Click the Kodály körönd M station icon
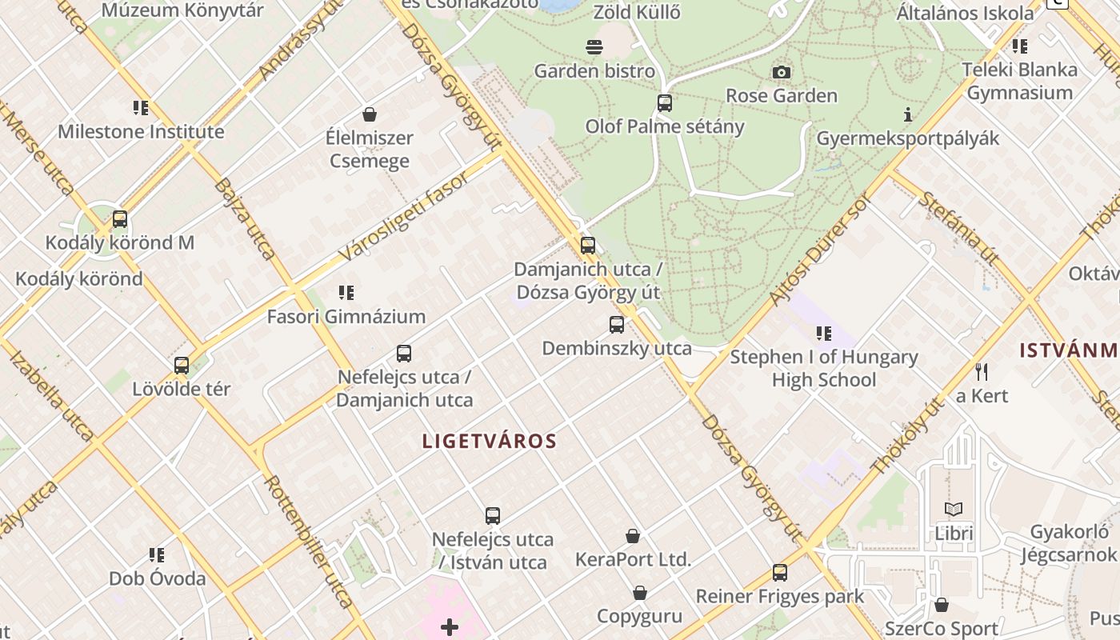pyautogui.click(x=120, y=218)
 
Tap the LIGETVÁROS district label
pyautogui.click(x=489, y=441)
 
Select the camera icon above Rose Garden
pyautogui.click(x=782, y=73)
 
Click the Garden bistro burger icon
pyautogui.click(x=594, y=47)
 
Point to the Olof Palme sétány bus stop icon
pyautogui.click(x=665, y=103)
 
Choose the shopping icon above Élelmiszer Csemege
pyautogui.click(x=370, y=114)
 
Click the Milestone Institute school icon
pyautogui.click(x=141, y=108)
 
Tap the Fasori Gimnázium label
pyautogui.click(x=346, y=317)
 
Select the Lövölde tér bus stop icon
pyautogui.click(x=182, y=366)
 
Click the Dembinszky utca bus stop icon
pyautogui.click(x=617, y=325)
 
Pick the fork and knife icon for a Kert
pyautogui.click(x=982, y=372)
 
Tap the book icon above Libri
pyautogui.click(x=954, y=509)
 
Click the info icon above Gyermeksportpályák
pyautogui.click(x=907, y=115)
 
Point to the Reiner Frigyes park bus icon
pyautogui.click(x=780, y=573)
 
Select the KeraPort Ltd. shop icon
pyautogui.click(x=633, y=536)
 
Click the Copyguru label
pyautogui.click(x=639, y=616)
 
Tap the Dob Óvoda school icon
pyautogui.click(x=157, y=554)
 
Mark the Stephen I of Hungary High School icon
pyautogui.click(x=824, y=333)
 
